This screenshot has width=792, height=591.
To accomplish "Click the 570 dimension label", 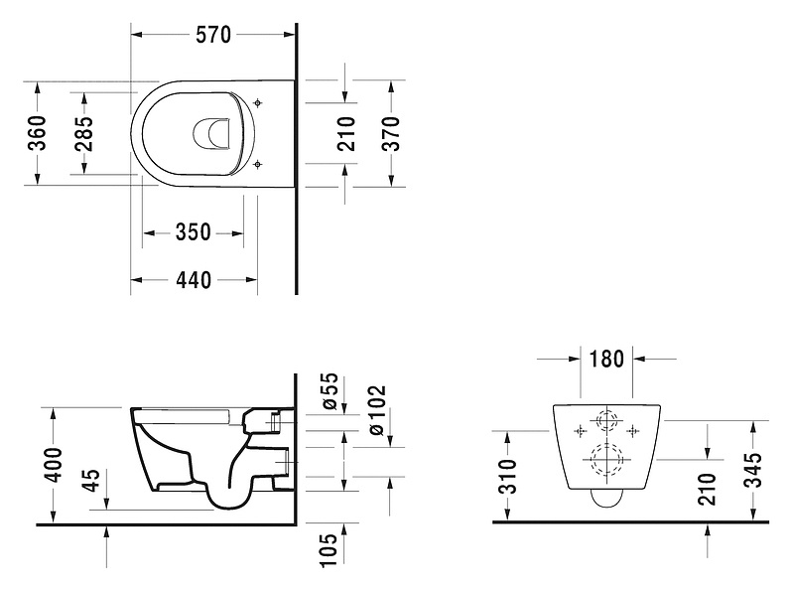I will pos(212,36).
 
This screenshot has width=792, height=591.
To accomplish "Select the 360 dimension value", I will pos(37,133).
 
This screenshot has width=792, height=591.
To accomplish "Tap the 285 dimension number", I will pos(84,133).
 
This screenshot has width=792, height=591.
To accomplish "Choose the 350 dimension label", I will pos(193,232).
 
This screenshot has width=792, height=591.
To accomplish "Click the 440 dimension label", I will pos(194,280).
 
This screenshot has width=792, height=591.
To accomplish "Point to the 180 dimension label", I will pos(606,359).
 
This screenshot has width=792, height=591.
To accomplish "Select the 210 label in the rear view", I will pos(707,487).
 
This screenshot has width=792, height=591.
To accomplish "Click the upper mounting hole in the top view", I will pos(258,102).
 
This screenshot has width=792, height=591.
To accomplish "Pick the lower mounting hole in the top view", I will pos(258,163).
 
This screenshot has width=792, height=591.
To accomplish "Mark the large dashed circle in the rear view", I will pos(605,461).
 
